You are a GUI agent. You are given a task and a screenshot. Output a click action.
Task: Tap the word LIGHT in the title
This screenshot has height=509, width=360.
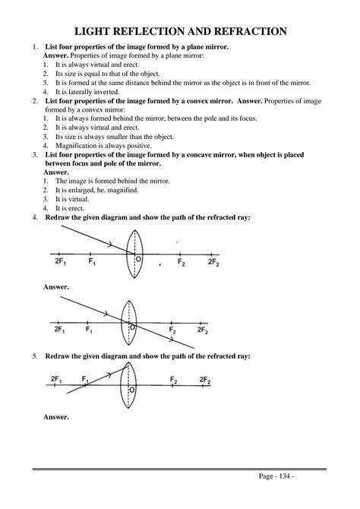tap(96, 31)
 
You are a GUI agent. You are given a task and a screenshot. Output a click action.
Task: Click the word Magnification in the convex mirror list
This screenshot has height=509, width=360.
tap(74, 145)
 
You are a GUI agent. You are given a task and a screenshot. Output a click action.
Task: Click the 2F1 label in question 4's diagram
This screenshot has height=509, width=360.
tap(58, 262)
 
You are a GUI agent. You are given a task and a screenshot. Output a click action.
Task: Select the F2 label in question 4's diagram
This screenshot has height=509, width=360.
tap(182, 262)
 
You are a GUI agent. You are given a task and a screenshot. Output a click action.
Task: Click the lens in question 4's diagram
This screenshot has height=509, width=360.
tap(134, 253)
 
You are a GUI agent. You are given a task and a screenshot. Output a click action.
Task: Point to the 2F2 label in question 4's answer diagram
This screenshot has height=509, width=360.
tap(203, 331)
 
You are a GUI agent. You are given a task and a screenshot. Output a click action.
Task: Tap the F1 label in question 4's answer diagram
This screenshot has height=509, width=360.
tap(90, 331)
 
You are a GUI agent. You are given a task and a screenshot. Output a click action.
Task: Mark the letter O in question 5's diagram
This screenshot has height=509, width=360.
tap(133, 390)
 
